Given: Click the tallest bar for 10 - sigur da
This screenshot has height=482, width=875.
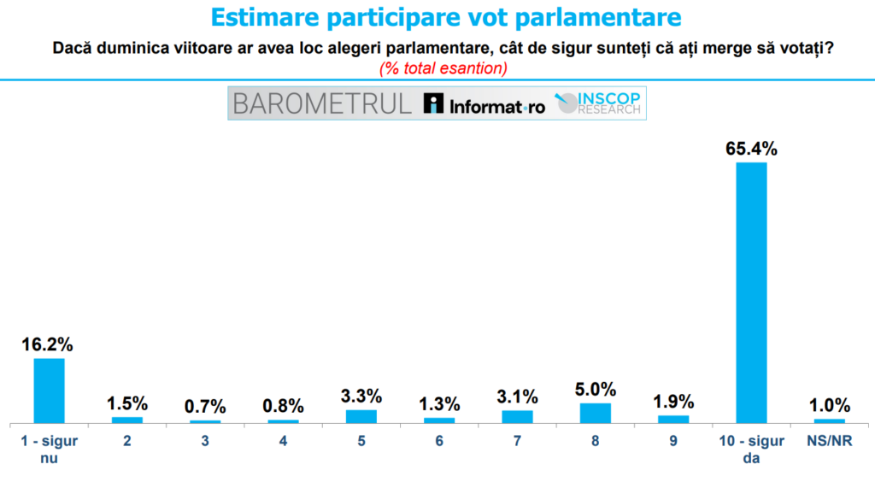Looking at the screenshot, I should [751, 292].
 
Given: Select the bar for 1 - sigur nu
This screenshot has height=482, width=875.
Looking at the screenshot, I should [49, 391].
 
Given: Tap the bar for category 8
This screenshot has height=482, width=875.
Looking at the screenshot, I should [595, 413].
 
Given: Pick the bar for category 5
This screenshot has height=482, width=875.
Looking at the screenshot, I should [361, 416].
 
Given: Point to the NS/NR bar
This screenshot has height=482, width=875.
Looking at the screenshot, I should [829, 420].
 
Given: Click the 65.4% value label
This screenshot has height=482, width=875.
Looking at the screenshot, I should [751, 149].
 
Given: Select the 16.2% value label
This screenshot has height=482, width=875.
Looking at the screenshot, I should [49, 345].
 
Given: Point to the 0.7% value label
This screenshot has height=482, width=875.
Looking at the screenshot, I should [205, 407].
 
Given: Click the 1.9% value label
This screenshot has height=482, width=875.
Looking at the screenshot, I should [673, 402].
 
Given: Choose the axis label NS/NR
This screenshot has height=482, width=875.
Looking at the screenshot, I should [829, 442].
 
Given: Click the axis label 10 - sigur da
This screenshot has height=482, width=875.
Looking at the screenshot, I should [751, 449].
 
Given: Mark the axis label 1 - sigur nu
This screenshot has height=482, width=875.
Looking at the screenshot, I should [49, 449].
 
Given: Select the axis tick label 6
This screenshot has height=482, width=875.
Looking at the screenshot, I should [439, 442].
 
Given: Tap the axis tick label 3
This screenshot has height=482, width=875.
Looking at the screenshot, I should [205, 442].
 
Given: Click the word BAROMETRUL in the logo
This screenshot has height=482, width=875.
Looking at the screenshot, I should [322, 104].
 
